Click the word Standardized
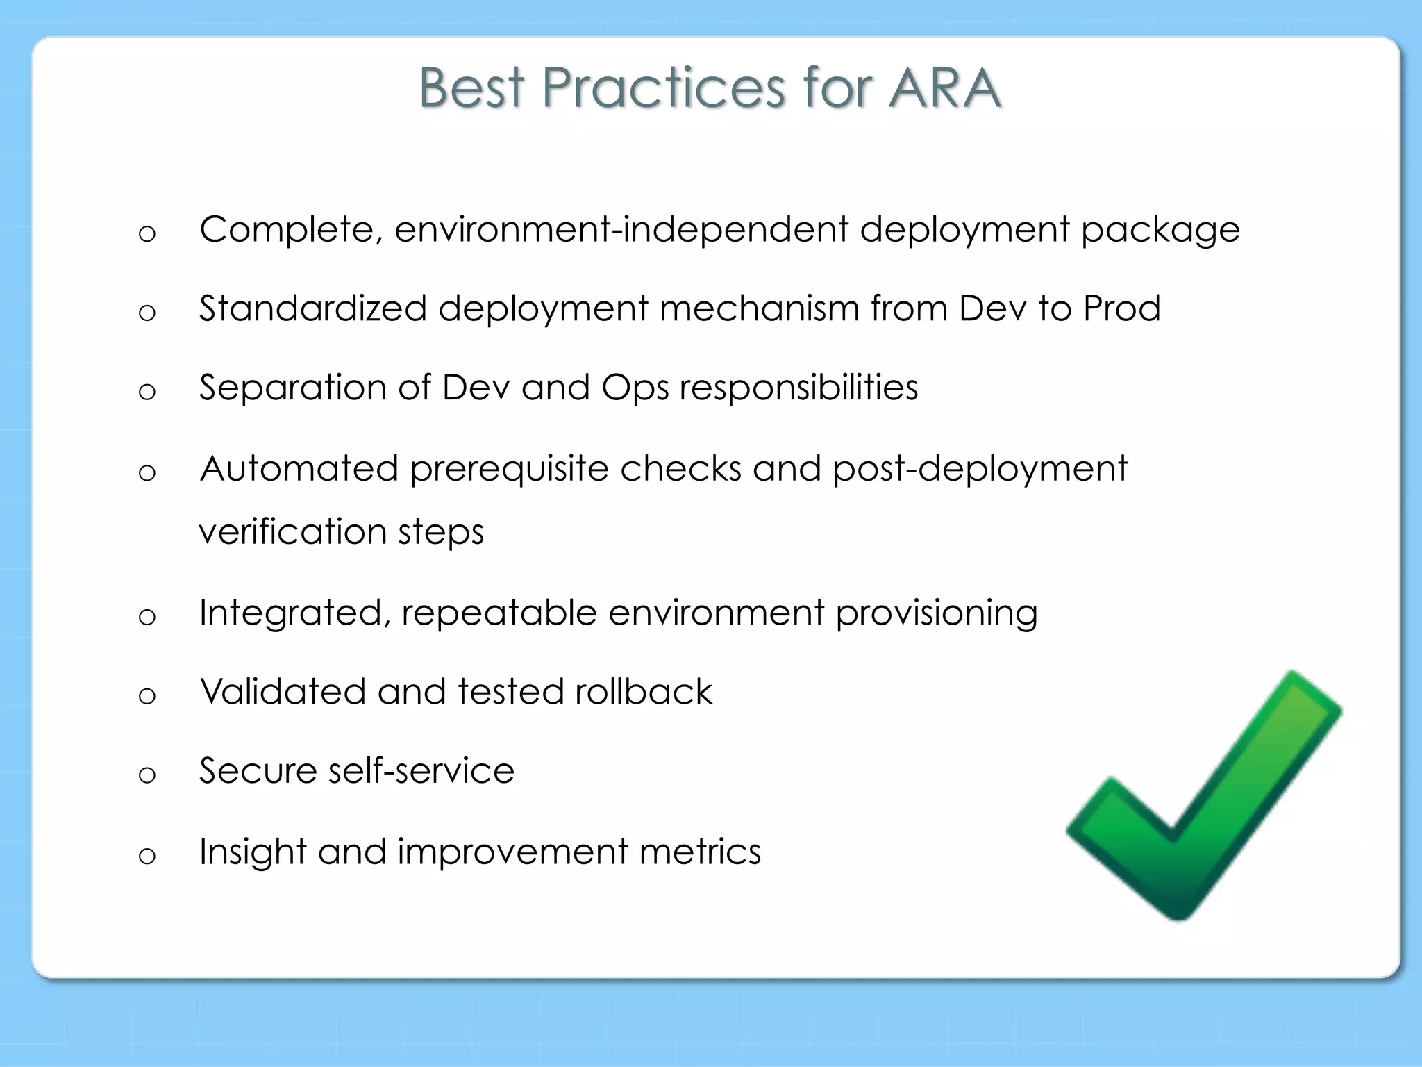click(x=312, y=308)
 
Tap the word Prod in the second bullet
click(x=1121, y=308)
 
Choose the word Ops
click(x=635, y=389)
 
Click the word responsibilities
click(x=798, y=388)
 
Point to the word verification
click(x=292, y=532)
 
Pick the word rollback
click(x=643, y=692)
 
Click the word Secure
click(x=258, y=771)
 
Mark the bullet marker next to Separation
click(x=147, y=392)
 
